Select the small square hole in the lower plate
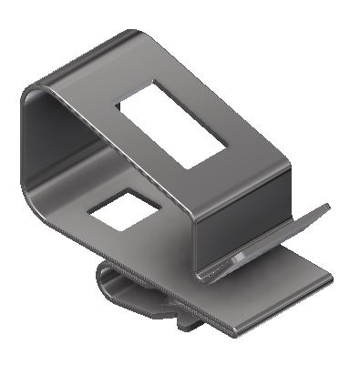tap(121, 208)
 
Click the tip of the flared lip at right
tap(326, 206)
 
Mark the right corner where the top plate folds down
tap(291, 167)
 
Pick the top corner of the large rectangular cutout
tap(155, 79)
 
